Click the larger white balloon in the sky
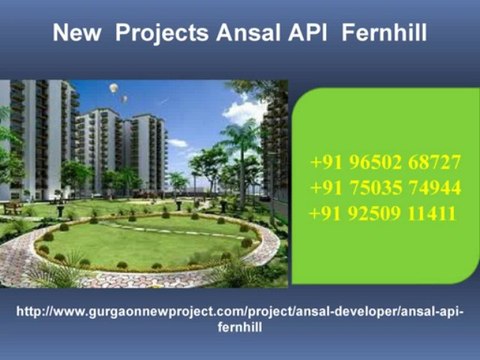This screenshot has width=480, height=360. (113, 89)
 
